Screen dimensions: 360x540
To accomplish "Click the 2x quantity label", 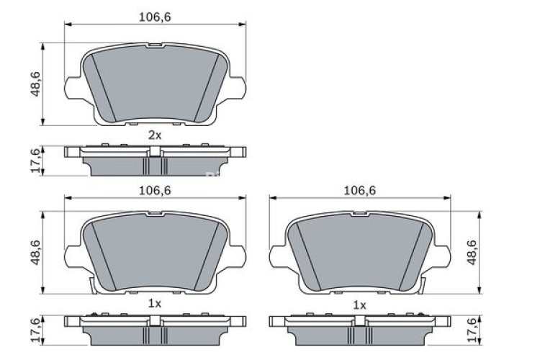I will [x=155, y=135].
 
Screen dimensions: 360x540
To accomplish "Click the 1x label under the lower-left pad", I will [x=155, y=304].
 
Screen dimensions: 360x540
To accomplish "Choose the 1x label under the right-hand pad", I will [x=359, y=305].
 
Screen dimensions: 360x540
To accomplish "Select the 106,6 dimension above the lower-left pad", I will [x=155, y=190].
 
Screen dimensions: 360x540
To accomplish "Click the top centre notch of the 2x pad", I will [x=156, y=46].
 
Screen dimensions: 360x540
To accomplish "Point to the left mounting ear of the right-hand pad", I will [x=278, y=256].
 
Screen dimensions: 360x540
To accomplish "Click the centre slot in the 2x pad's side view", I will [x=155, y=151].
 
